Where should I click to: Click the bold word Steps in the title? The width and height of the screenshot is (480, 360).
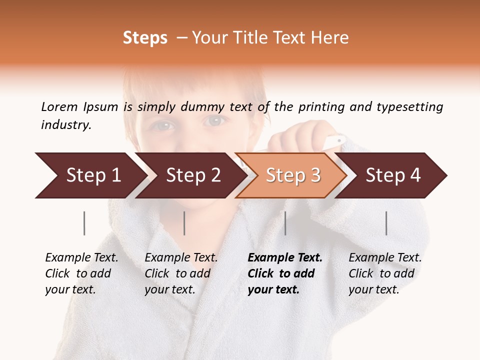point(145,38)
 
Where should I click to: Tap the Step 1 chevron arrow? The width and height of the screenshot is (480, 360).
point(90,175)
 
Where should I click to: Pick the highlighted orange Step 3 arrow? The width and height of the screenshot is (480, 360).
point(291,175)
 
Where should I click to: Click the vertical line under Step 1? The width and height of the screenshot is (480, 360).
point(84,223)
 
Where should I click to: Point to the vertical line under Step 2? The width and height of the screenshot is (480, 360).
point(184,223)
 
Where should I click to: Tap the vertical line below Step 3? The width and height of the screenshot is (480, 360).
point(285,223)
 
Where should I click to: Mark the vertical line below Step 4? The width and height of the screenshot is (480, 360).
point(386,223)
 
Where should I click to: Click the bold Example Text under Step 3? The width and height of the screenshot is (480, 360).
point(285,273)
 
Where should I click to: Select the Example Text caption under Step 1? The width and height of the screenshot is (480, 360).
point(81,273)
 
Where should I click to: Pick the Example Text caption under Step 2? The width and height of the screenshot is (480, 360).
point(181,273)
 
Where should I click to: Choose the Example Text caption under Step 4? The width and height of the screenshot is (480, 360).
point(385,273)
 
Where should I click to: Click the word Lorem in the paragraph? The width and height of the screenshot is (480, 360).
point(59,106)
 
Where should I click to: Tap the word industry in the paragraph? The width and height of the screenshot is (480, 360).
point(66,124)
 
